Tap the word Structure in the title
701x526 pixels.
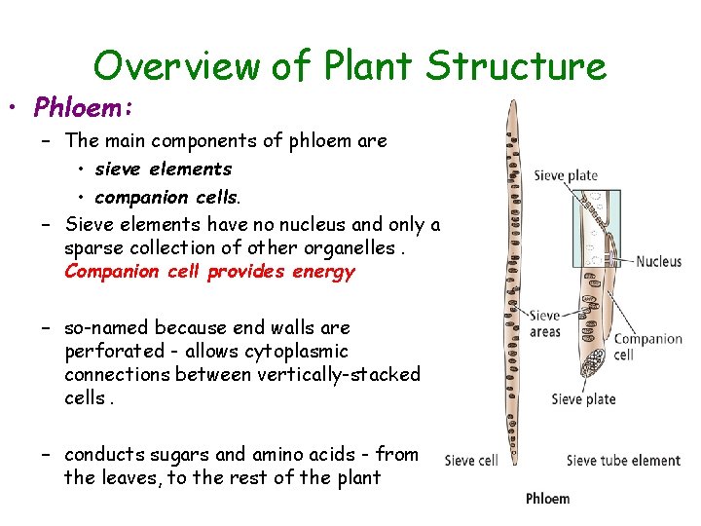pyautogui.click(x=516, y=66)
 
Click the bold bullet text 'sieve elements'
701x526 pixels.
pyautogui.click(x=164, y=169)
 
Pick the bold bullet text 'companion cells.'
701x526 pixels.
pyautogui.click(x=167, y=198)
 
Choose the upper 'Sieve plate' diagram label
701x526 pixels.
pyautogui.click(x=566, y=175)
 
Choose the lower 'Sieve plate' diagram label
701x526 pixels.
pyautogui.click(x=583, y=398)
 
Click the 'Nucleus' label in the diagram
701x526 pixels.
pyautogui.click(x=659, y=261)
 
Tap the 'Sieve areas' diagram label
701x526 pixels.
pyautogui.click(x=545, y=323)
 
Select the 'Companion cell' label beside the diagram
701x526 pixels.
pyautogui.click(x=647, y=347)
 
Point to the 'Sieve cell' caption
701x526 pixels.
pyautogui.click(x=471, y=461)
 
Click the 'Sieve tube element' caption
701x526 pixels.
pyautogui.click(x=623, y=461)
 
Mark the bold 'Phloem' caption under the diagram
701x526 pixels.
pyautogui.click(x=547, y=499)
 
